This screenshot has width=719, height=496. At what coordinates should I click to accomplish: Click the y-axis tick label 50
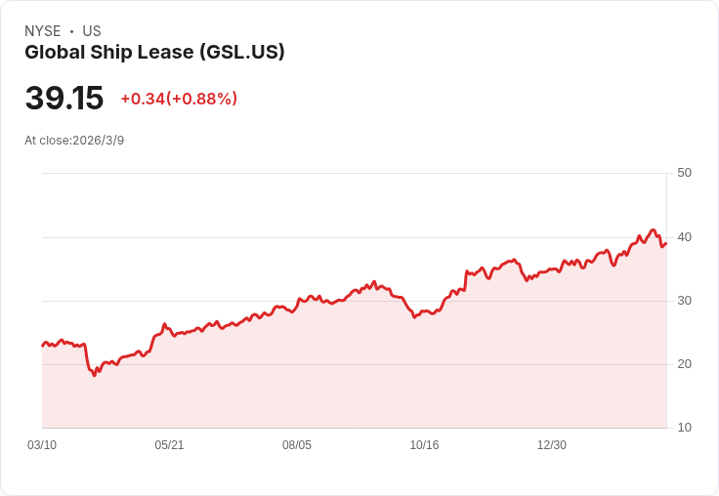point(684,173)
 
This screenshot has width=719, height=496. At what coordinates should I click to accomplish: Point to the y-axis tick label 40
point(684,236)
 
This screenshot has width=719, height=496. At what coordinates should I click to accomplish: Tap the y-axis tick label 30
point(684,300)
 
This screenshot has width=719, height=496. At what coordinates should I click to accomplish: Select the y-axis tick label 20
point(684,363)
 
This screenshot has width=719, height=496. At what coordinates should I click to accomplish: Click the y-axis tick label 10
point(684,427)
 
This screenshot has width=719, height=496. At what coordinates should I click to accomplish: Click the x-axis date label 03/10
point(42,445)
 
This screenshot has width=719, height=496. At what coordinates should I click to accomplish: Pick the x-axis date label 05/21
point(169,445)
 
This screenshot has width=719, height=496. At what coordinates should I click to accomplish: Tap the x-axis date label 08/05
point(297,445)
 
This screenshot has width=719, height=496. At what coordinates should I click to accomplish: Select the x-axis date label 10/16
point(424,445)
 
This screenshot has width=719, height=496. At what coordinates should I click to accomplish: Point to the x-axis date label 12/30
point(552,445)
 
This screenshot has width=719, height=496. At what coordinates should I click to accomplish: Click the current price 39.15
point(64,99)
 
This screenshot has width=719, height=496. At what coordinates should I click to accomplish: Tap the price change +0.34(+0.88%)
point(179,99)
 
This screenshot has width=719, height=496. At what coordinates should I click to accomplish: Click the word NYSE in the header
point(42,31)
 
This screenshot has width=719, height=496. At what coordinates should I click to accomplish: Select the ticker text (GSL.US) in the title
point(241,53)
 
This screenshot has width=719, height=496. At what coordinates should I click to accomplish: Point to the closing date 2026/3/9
point(98,141)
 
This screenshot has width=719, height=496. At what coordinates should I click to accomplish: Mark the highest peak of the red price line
point(654,230)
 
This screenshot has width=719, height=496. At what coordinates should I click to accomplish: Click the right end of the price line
point(665,244)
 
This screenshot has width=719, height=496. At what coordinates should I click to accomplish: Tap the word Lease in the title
point(168,53)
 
